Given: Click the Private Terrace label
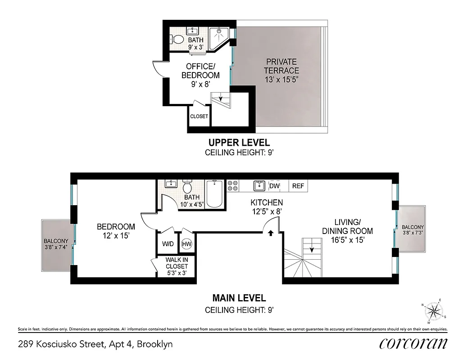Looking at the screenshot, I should coord(282,70).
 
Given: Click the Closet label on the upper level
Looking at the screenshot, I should coord(199,116).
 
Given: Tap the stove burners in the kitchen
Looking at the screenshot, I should coord(233,186).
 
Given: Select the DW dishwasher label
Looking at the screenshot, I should coord(274,186).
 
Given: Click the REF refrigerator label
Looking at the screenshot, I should coord(298,186).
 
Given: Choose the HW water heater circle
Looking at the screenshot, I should coord(186,243).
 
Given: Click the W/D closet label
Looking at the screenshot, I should coord(168,243).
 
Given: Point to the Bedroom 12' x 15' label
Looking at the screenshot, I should coord(116,230).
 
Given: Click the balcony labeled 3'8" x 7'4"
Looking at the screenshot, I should coord(56,243).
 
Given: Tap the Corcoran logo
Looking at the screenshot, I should coord(413,343).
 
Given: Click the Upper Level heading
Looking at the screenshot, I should coord(239,143).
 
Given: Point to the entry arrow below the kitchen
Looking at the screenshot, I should coord(271,233).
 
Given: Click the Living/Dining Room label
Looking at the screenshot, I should coord(354,231).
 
